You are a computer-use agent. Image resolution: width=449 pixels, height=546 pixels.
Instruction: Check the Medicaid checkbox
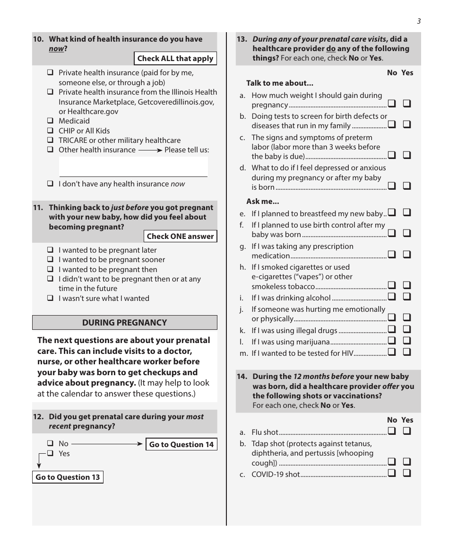click(x=50, y=121)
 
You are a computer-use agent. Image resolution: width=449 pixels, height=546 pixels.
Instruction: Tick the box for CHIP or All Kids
click(x=50, y=131)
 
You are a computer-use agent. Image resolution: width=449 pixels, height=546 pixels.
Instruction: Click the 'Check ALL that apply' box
click(x=175, y=59)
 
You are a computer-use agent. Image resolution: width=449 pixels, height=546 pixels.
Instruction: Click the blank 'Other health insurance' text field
click(x=133, y=167)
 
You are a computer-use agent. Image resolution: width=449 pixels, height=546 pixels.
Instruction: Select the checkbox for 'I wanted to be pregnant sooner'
click(x=50, y=260)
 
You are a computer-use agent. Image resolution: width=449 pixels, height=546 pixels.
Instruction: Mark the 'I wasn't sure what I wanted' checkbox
click(x=50, y=299)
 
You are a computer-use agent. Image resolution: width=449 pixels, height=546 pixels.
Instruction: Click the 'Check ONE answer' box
click(x=180, y=236)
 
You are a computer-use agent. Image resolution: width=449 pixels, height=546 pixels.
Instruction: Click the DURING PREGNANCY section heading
click(x=125, y=323)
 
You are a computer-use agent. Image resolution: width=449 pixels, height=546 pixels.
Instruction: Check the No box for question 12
click(x=50, y=444)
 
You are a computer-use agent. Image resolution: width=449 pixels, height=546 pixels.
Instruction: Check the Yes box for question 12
click(x=50, y=454)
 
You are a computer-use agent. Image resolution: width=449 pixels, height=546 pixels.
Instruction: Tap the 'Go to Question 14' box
click(x=181, y=444)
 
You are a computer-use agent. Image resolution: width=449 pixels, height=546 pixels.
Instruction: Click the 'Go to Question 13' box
click(x=68, y=477)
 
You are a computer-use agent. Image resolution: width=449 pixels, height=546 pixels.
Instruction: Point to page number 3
click(x=419, y=21)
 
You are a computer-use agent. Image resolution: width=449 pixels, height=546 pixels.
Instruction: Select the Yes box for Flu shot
click(x=407, y=431)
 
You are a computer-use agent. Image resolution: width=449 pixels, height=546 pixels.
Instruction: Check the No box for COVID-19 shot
click(x=392, y=473)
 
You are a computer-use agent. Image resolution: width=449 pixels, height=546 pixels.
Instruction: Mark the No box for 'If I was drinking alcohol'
click(x=392, y=297)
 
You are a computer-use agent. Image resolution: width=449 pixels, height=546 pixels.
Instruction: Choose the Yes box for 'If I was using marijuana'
click(x=407, y=341)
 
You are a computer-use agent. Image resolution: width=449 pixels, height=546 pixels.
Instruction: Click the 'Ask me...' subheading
click(x=263, y=202)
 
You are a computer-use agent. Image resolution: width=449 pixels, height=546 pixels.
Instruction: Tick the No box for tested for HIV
click(x=392, y=352)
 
